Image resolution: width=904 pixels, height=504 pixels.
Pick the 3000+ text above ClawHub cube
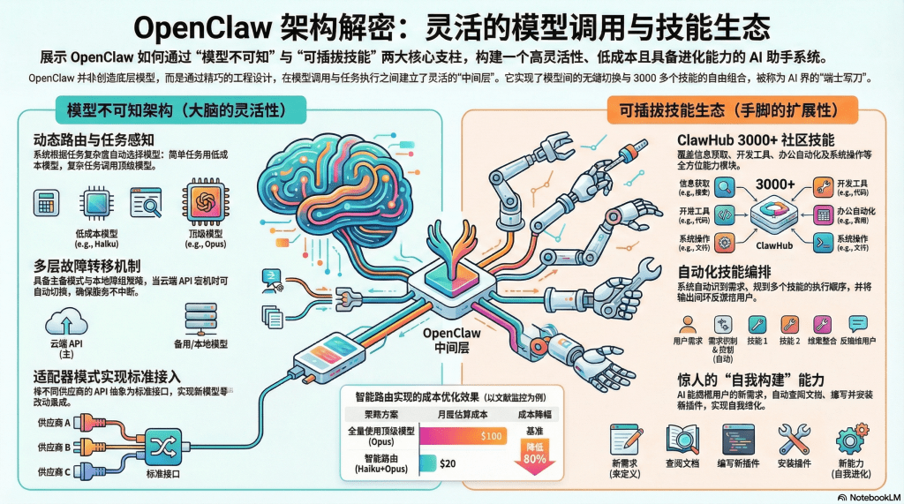pyautogui.click(x=777, y=184)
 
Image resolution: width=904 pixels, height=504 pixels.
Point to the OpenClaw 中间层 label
pyautogui.click(x=451, y=341)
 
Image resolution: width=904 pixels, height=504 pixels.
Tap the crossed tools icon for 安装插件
pyautogui.click(x=794, y=439)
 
